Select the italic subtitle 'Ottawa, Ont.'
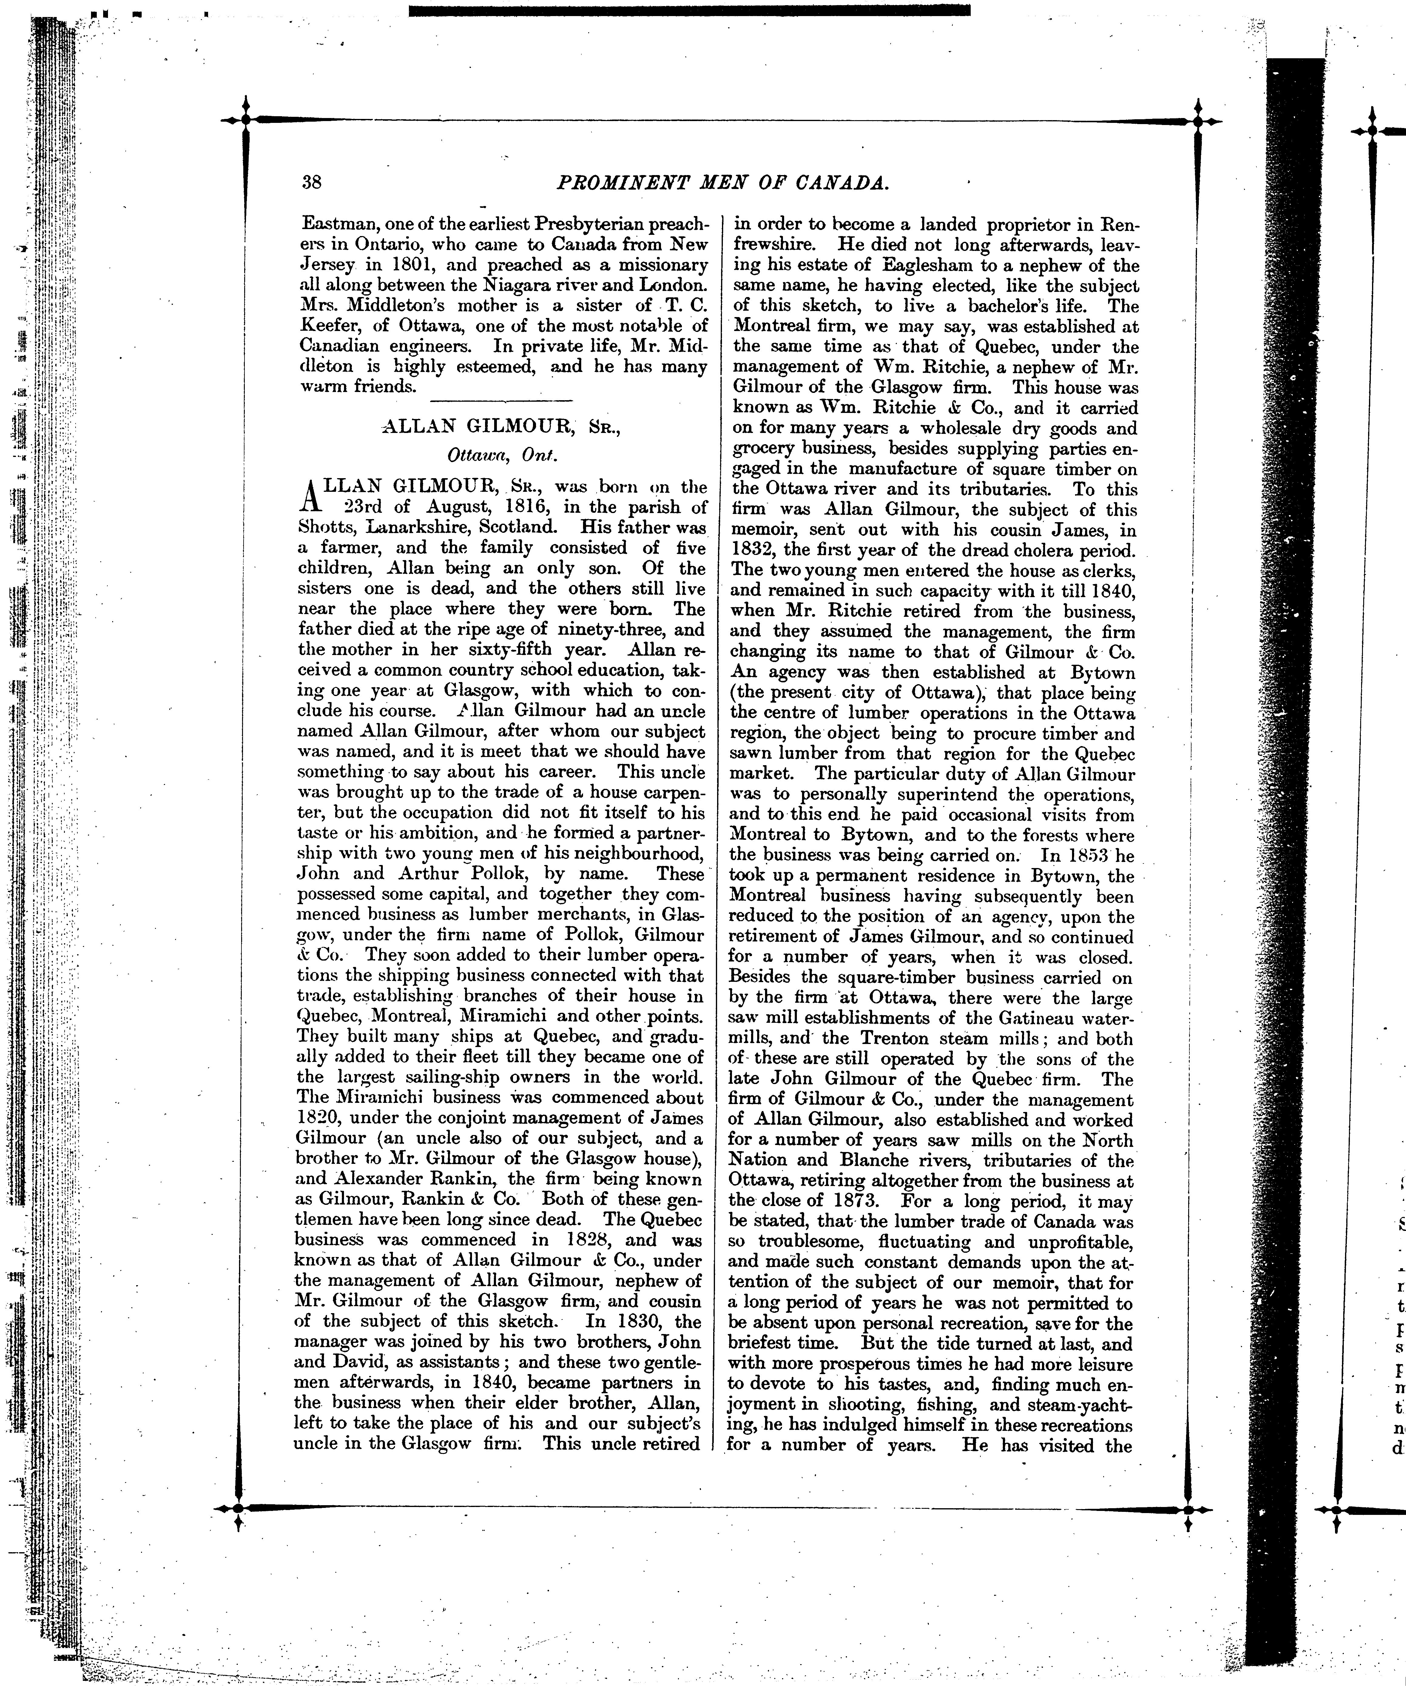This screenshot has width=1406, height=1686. point(502,454)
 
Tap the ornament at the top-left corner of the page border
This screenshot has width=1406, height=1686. point(246,120)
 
